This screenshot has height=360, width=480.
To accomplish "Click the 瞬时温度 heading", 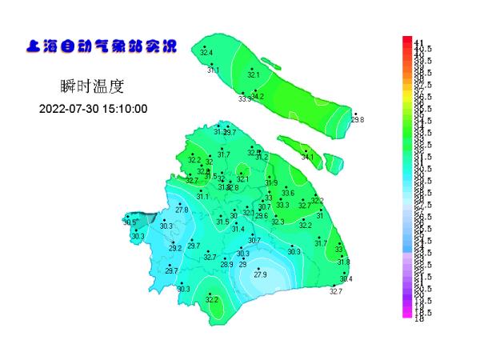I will (92, 86).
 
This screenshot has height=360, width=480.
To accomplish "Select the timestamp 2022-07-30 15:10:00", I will (93, 109).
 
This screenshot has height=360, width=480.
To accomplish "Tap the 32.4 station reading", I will (206, 53).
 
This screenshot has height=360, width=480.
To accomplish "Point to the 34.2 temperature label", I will (258, 96).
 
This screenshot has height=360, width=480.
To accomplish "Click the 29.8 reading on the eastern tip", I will (358, 119).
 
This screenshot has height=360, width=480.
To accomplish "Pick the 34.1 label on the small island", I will (307, 158).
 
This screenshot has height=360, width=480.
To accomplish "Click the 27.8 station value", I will (182, 210).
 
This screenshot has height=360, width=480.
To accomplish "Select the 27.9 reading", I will (260, 274).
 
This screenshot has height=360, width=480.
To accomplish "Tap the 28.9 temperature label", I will (227, 264).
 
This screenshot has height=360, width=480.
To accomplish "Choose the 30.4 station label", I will (346, 278).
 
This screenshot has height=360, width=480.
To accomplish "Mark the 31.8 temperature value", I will (343, 262).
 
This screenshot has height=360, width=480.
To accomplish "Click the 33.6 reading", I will (288, 193).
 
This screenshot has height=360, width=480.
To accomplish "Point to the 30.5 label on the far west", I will (130, 222).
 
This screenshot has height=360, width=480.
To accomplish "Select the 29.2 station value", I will (174, 248).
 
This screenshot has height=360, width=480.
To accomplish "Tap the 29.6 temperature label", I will (262, 216).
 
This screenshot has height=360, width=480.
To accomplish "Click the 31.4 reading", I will (238, 229).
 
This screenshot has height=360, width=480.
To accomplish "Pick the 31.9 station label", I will (271, 182).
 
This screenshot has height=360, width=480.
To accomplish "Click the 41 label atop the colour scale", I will (418, 41).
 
